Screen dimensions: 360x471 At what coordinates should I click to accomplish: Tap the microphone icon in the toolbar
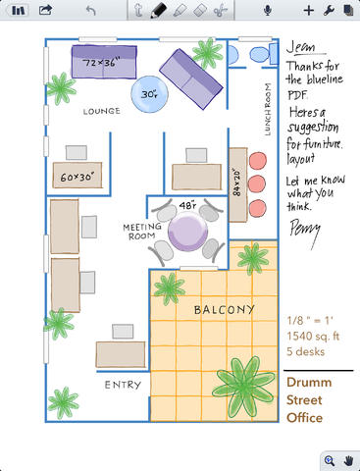point(268,10)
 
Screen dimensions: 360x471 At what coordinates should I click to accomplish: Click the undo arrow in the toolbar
point(90,10)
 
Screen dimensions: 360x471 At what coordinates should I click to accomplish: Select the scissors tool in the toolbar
point(221,10)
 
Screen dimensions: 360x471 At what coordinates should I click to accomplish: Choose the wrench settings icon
point(329,11)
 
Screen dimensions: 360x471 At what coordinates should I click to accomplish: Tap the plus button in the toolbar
point(308,11)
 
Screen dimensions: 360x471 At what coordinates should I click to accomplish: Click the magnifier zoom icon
point(330,461)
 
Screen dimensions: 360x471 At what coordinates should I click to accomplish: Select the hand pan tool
point(349,461)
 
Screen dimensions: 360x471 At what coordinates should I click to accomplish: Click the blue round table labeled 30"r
point(149,94)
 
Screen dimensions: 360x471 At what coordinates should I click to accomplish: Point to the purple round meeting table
point(187,231)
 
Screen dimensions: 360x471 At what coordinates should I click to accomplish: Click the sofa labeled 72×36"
point(104,62)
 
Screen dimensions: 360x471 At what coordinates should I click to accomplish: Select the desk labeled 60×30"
point(77,176)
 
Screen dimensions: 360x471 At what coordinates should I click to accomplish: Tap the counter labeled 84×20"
point(237,184)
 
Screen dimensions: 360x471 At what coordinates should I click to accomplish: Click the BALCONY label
point(224,309)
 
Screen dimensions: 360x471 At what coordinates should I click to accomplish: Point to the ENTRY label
point(123,385)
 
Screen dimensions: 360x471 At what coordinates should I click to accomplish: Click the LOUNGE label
point(101,111)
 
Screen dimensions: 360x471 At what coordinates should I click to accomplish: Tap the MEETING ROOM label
point(142,232)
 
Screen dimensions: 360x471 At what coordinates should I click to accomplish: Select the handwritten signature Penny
point(305,232)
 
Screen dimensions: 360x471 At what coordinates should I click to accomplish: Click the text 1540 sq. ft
point(313,337)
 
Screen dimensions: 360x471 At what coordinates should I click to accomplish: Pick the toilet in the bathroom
point(264,54)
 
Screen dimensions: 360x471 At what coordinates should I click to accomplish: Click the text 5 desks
point(306,351)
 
